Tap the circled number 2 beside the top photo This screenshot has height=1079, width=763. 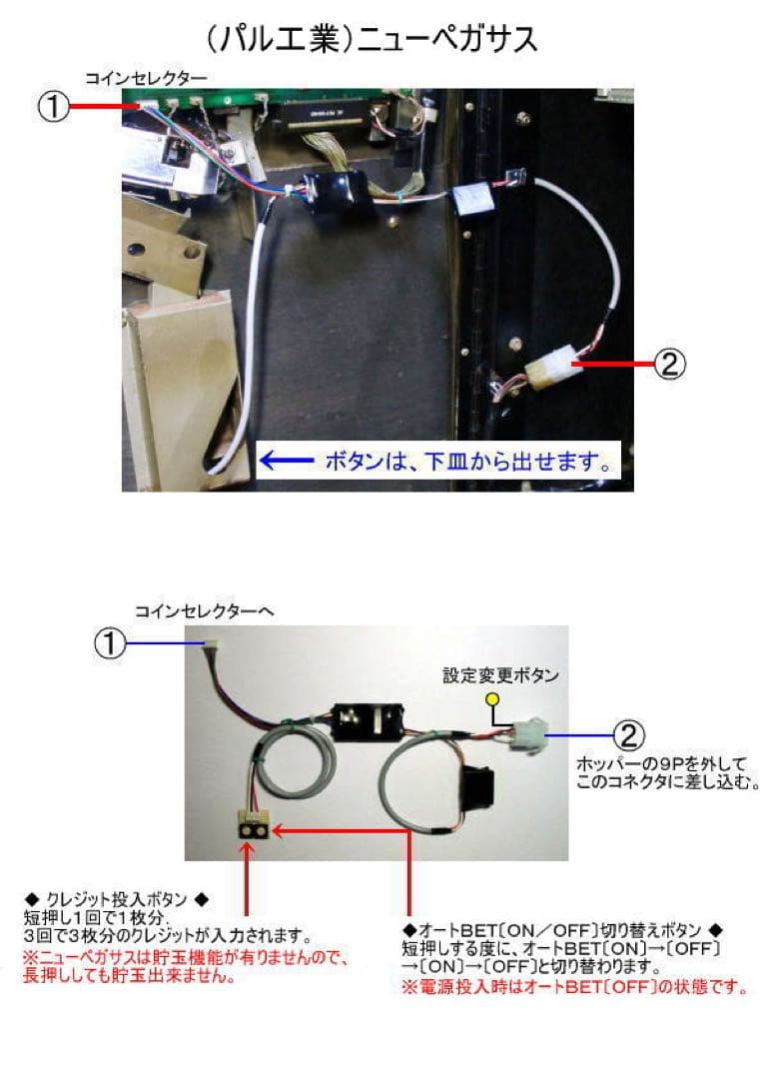669,365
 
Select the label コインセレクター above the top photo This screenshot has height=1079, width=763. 146,77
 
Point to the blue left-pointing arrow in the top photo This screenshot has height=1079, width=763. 285,461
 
